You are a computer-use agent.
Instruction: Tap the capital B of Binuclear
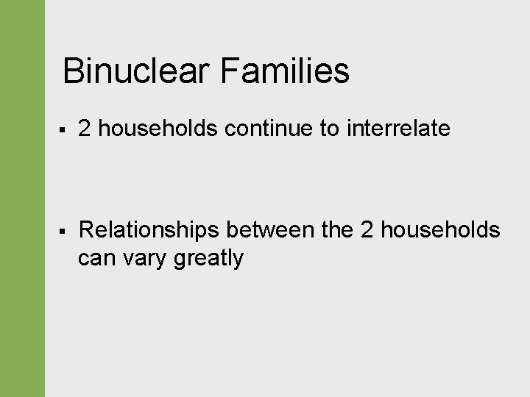point(73,72)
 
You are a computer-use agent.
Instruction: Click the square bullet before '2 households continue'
point(65,130)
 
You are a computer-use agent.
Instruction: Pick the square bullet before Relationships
point(65,232)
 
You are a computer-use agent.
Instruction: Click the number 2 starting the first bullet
point(85,129)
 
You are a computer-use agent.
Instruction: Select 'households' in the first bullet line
point(158,129)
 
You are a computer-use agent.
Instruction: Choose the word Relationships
point(149,230)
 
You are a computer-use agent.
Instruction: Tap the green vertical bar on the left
point(22,198)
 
